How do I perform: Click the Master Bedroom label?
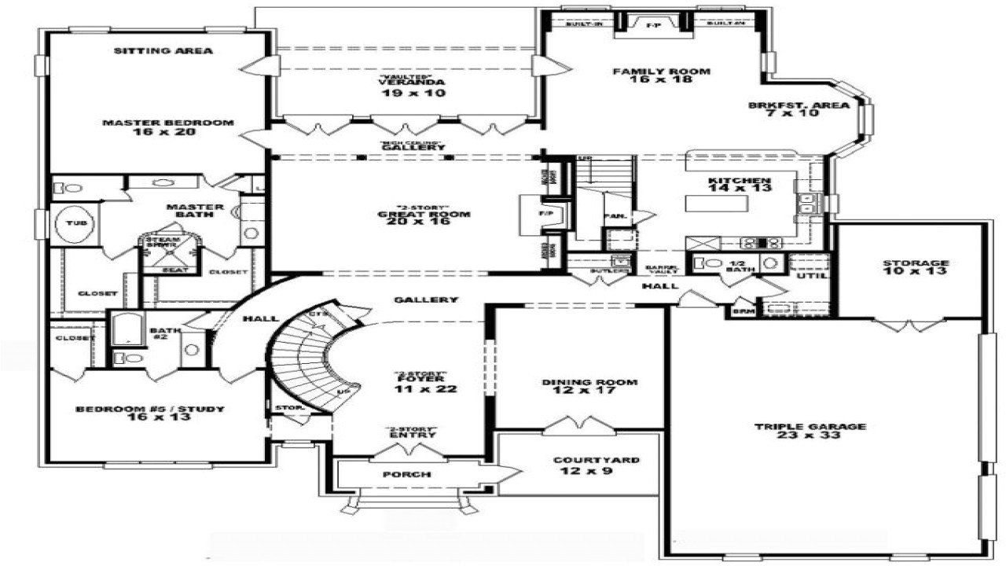click(x=168, y=127)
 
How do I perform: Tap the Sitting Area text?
click(x=163, y=51)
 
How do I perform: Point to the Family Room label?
click(x=661, y=75)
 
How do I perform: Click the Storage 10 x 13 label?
click(x=915, y=267)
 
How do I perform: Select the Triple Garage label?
click(x=821, y=431)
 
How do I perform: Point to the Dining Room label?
click(x=589, y=387)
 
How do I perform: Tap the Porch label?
click(x=406, y=474)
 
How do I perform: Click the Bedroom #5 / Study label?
click(x=150, y=413)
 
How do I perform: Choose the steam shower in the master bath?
click(x=163, y=246)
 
